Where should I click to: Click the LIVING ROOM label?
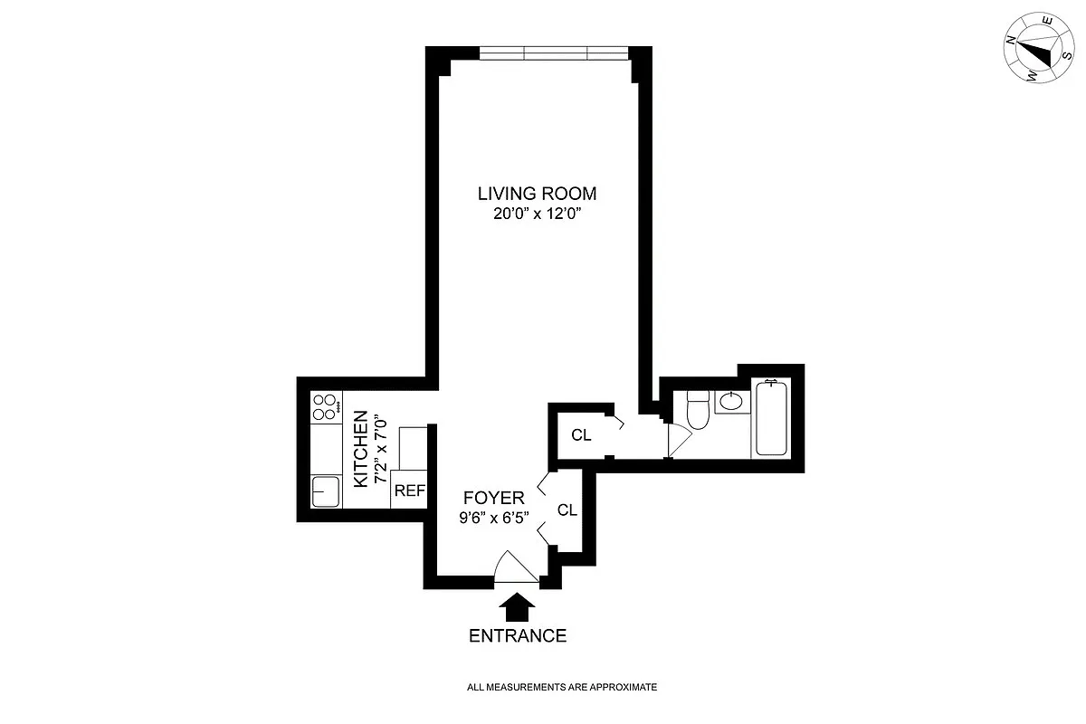(537, 194)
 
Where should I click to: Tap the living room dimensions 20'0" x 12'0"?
(538, 214)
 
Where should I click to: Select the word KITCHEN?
(361, 449)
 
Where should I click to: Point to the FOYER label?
(493, 498)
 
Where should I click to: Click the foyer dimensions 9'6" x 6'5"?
(493, 518)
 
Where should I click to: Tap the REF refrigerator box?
(409, 490)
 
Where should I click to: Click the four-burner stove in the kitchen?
(326, 407)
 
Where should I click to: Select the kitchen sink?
(325, 491)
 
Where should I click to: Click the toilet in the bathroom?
(698, 410)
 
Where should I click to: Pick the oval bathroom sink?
(731, 401)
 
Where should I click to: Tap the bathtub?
(771, 418)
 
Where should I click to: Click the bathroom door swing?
(680, 441)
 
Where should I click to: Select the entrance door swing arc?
(516, 567)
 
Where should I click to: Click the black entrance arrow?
(517, 606)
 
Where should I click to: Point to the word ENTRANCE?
(518, 635)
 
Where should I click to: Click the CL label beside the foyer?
(567, 510)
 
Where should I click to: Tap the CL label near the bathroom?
(581, 435)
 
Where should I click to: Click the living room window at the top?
(554, 52)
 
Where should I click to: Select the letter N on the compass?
(1011, 40)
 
